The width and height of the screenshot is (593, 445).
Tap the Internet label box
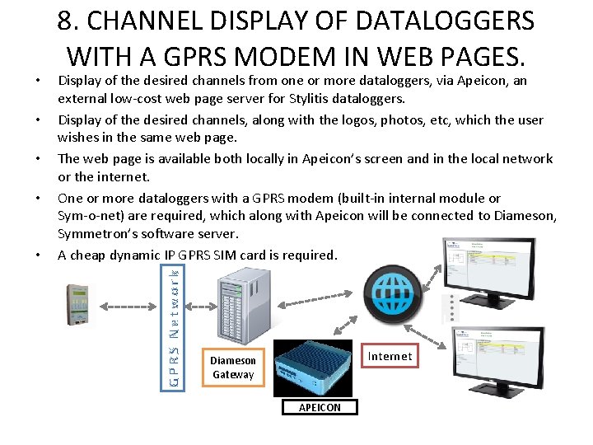pyautogui.click(x=390, y=356)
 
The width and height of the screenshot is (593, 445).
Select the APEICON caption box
pyautogui.click(x=320, y=407)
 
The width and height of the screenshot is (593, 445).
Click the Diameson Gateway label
pyautogui.click(x=233, y=368)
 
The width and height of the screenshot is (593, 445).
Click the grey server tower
pyautogui.click(x=236, y=308)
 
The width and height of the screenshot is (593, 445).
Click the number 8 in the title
pyautogui.click(x=67, y=21)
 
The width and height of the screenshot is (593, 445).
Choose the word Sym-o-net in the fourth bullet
pyautogui.click(x=87, y=216)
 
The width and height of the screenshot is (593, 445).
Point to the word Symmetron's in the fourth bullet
pyautogui.click(x=96, y=234)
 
